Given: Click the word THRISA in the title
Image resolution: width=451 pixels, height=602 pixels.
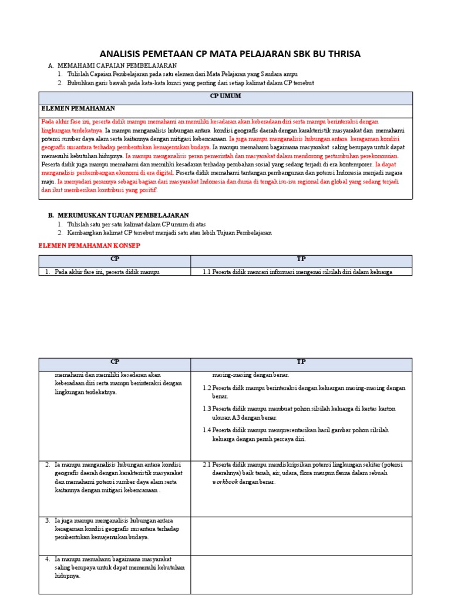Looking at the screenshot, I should click(x=340, y=54).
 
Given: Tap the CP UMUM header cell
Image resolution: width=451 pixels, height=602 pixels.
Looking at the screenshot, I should click(x=225, y=96).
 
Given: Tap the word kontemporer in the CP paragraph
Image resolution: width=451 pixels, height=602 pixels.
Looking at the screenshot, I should click(x=353, y=165).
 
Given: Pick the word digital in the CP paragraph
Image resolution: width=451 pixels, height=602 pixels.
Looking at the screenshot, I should click(x=164, y=173).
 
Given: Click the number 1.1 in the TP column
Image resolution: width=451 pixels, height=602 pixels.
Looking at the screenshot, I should click(x=207, y=272).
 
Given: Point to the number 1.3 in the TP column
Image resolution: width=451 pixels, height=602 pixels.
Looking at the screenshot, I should click(x=207, y=408).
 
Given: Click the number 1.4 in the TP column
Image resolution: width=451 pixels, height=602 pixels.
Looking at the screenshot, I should click(x=207, y=430).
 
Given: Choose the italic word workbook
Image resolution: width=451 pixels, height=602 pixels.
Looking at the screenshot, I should click(x=225, y=482).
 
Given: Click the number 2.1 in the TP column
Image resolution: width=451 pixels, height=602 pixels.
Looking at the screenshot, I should click(x=207, y=464).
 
